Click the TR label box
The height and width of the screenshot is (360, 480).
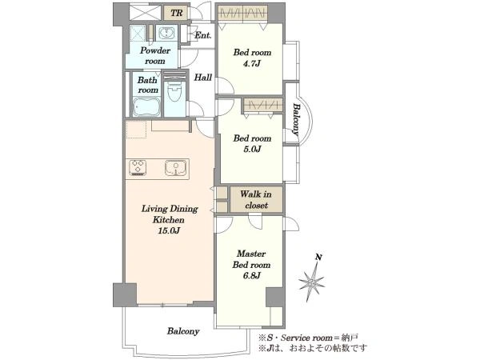pyautogui.click(x=176, y=13)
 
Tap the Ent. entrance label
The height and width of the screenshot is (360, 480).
pyautogui.click(x=203, y=35)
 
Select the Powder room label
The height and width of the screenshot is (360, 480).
pyautogui.click(x=155, y=55)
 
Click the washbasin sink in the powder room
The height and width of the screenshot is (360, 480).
pyautogui.click(x=166, y=33)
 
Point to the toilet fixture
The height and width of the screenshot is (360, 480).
pyautogui.click(x=174, y=90)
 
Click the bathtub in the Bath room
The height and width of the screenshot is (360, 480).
pyautogui.click(x=146, y=107)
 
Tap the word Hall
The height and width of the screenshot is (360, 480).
pyautogui.click(x=203, y=78)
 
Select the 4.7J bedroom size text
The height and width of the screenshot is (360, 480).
pyautogui.click(x=252, y=64)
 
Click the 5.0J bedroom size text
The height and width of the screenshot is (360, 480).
pyautogui.click(x=252, y=149)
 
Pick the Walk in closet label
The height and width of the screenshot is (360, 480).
pyautogui.click(x=256, y=199)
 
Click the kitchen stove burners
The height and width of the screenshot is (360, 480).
pyautogui.click(x=138, y=167)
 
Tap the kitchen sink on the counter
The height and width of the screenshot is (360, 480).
pyautogui.click(x=175, y=167)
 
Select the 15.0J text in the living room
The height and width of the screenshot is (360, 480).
pyautogui.click(x=169, y=230)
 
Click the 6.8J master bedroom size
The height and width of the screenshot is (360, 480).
pyautogui.click(x=252, y=276)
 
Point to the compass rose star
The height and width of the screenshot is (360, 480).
pyautogui.click(x=312, y=282)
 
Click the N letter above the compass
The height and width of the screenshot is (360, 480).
pyautogui.click(x=318, y=258)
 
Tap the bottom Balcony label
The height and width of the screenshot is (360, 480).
pyautogui.click(x=183, y=331)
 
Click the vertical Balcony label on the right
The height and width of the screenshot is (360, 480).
pyautogui.click(x=296, y=119)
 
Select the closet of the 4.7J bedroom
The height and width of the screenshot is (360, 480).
pyautogui.click(x=242, y=14)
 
